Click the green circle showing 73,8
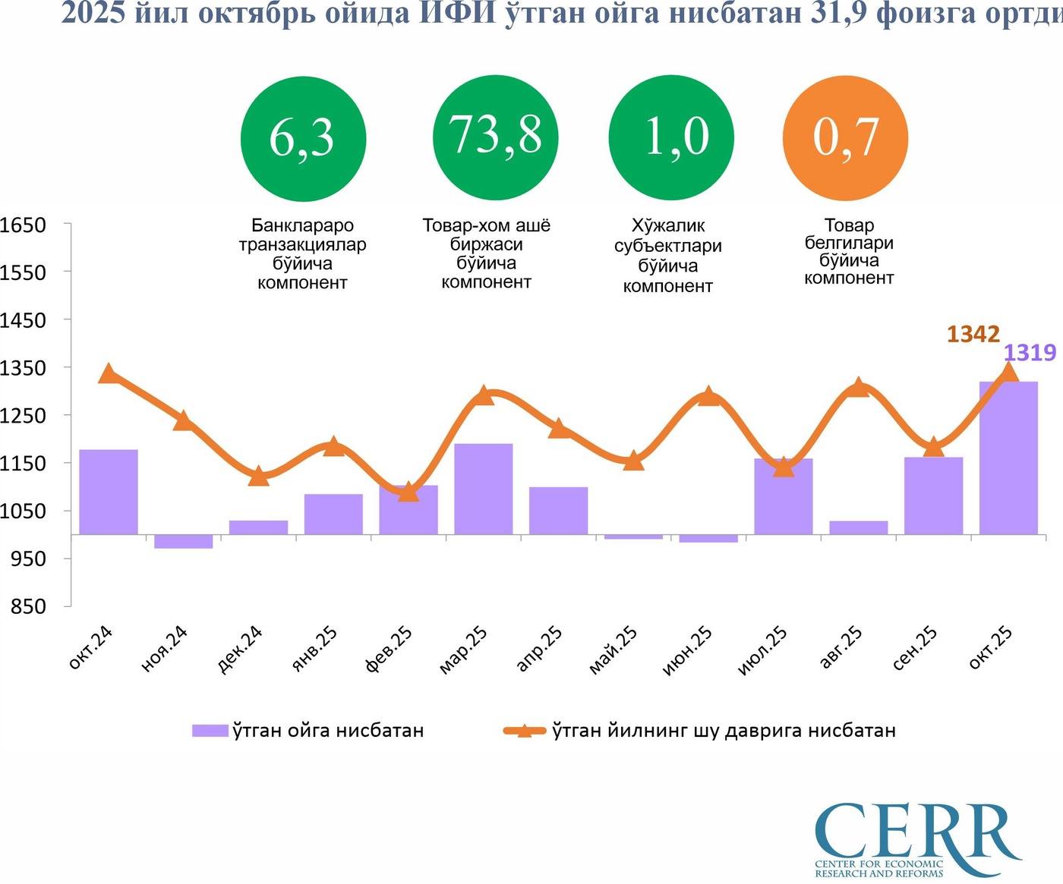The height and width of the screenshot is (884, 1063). tap(496, 137)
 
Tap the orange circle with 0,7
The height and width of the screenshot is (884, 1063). tap(845, 137)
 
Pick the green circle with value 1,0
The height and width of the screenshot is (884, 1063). tap(671, 137)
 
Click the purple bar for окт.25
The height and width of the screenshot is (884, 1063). tap(1008, 457)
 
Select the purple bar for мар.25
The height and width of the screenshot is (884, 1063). tap(484, 489)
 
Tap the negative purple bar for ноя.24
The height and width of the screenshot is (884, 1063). tap(183, 541)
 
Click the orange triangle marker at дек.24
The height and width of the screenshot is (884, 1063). tap(259, 476)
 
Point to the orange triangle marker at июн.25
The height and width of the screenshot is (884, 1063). tap(708, 395)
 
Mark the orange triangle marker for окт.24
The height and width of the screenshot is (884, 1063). tap(109, 373)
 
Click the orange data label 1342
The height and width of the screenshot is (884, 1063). tap(973, 334)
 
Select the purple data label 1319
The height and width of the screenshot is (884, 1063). tap(1030, 352)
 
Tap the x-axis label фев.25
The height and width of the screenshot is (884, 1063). tap(390, 650)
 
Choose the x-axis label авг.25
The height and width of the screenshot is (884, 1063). tap(841, 648)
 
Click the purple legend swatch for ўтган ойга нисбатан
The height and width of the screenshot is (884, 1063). tap(210, 731)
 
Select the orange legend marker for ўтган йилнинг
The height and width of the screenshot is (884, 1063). tap(524, 731)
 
